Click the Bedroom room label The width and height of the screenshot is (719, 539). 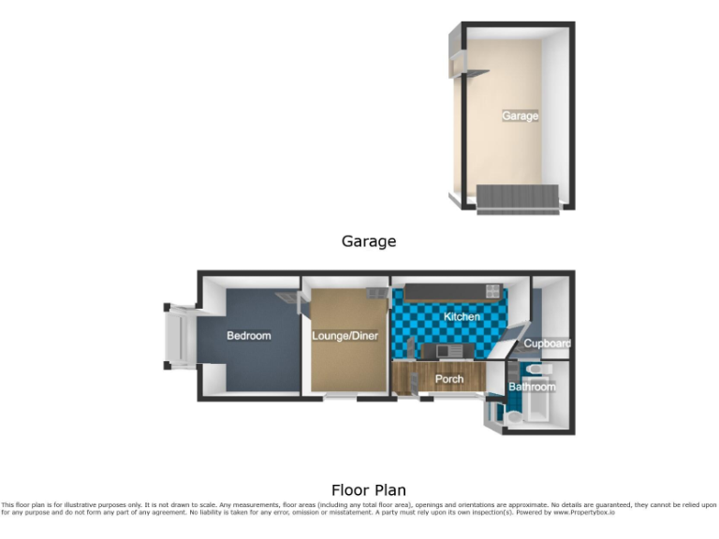click(249, 336)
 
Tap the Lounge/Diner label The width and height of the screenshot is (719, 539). click(344, 335)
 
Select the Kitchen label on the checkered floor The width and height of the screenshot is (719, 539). click(462, 317)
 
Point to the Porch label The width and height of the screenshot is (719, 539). click(449, 379)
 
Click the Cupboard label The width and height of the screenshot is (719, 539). click(547, 343)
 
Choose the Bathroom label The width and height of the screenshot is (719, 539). click(532, 386)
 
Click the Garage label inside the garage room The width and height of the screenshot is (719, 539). click(520, 116)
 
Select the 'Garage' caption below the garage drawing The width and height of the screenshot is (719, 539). click(368, 241)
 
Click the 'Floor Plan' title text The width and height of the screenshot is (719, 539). click(368, 489)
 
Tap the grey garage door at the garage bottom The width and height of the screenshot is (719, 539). click(518, 197)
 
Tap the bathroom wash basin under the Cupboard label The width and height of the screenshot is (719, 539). click(522, 370)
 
